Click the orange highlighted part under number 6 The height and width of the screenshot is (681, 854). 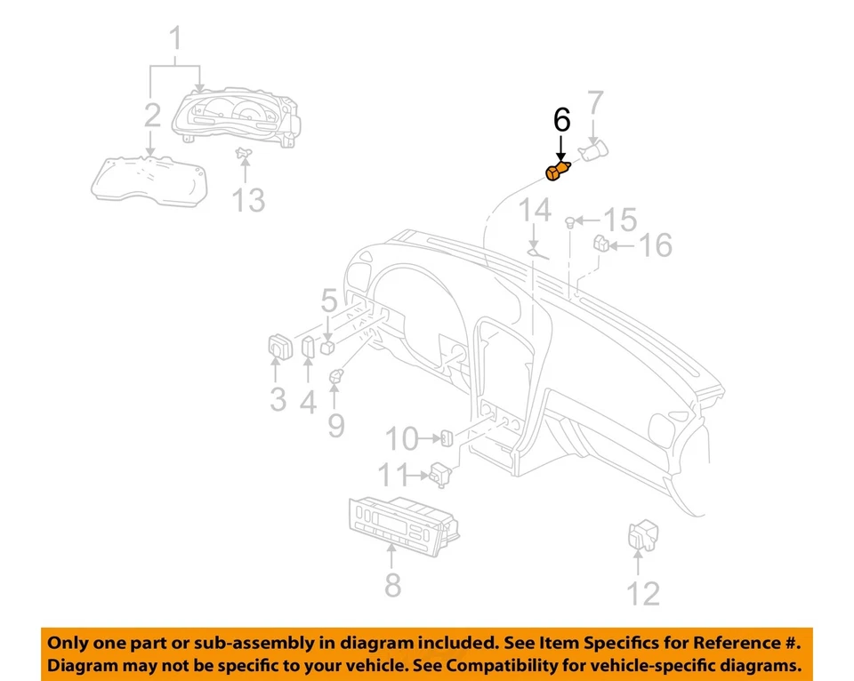(558, 172)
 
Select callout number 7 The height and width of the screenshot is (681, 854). (595, 104)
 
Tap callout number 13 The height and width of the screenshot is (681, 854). (249, 200)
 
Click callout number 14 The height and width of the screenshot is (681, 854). (536, 212)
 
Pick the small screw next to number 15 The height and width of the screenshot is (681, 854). (571, 220)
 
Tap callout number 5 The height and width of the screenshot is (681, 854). (329, 300)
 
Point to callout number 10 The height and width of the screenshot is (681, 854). (402, 437)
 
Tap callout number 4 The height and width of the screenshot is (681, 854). (308, 401)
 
